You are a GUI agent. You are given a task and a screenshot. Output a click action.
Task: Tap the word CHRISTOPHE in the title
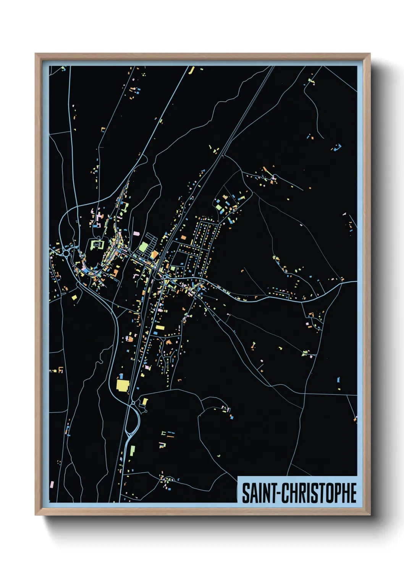pos(319,493)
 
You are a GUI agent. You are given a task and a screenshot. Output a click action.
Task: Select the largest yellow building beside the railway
pos(122,385)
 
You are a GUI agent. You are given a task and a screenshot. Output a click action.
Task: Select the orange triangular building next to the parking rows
pos(154,254)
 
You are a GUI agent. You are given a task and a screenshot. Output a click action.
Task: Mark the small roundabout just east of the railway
pos(164,276)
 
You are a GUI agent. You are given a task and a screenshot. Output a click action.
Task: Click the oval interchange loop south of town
pos(133,422)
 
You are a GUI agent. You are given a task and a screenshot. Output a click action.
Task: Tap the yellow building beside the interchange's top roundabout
pos(145,402)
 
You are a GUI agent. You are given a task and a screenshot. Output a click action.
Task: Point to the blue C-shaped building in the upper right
pos(338,147)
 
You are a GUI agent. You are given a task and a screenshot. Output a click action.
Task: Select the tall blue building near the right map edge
pos(339,379)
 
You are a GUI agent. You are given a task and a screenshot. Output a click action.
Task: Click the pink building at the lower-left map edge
pos(52,484)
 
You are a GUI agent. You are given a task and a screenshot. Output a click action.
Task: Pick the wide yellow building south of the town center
pos(160,328)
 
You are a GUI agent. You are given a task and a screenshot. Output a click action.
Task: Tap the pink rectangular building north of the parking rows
pos(136,233)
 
